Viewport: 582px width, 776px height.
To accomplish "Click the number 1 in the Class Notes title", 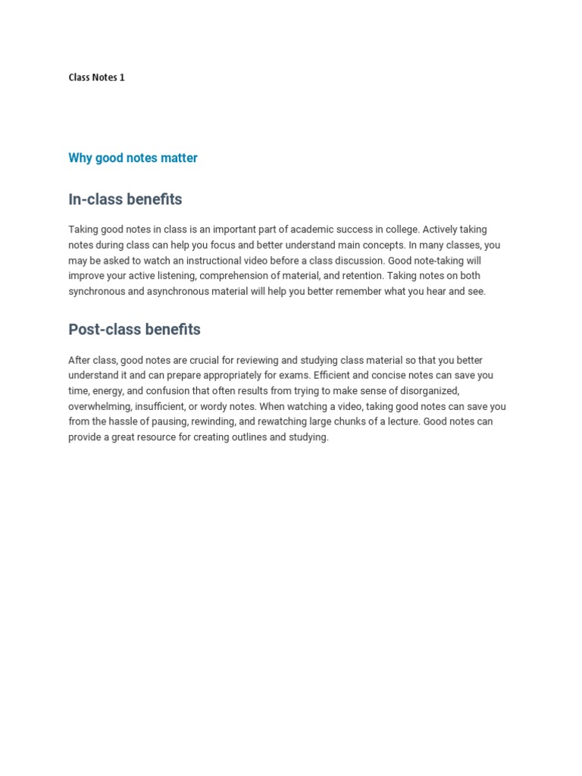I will pos(122,77).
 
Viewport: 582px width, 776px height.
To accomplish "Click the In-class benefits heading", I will pos(125,199).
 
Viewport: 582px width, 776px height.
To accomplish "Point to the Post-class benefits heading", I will pos(134,330).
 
